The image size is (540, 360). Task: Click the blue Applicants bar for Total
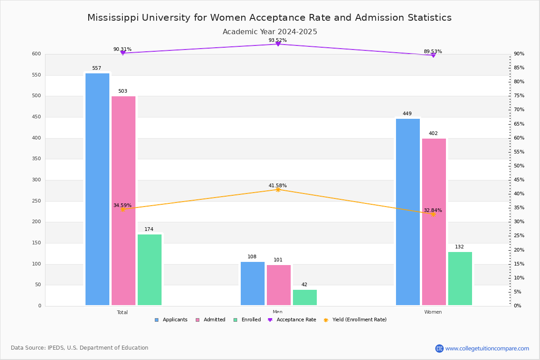point(97,189)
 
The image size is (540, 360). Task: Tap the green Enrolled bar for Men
point(305,297)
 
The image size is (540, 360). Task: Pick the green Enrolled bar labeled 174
point(149,270)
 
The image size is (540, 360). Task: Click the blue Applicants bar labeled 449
point(408,212)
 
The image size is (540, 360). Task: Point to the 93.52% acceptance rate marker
point(278,44)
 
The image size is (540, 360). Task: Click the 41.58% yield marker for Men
point(278,189)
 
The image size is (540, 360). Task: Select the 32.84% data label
point(432,210)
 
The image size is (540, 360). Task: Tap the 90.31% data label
point(122,49)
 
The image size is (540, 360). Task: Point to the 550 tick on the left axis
point(36,75)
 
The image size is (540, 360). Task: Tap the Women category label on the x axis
point(433,312)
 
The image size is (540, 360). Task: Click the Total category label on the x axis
point(122,312)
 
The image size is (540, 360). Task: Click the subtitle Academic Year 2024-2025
point(270,32)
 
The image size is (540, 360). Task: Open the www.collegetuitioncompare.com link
point(487,348)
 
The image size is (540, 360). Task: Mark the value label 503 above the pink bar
point(123,91)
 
